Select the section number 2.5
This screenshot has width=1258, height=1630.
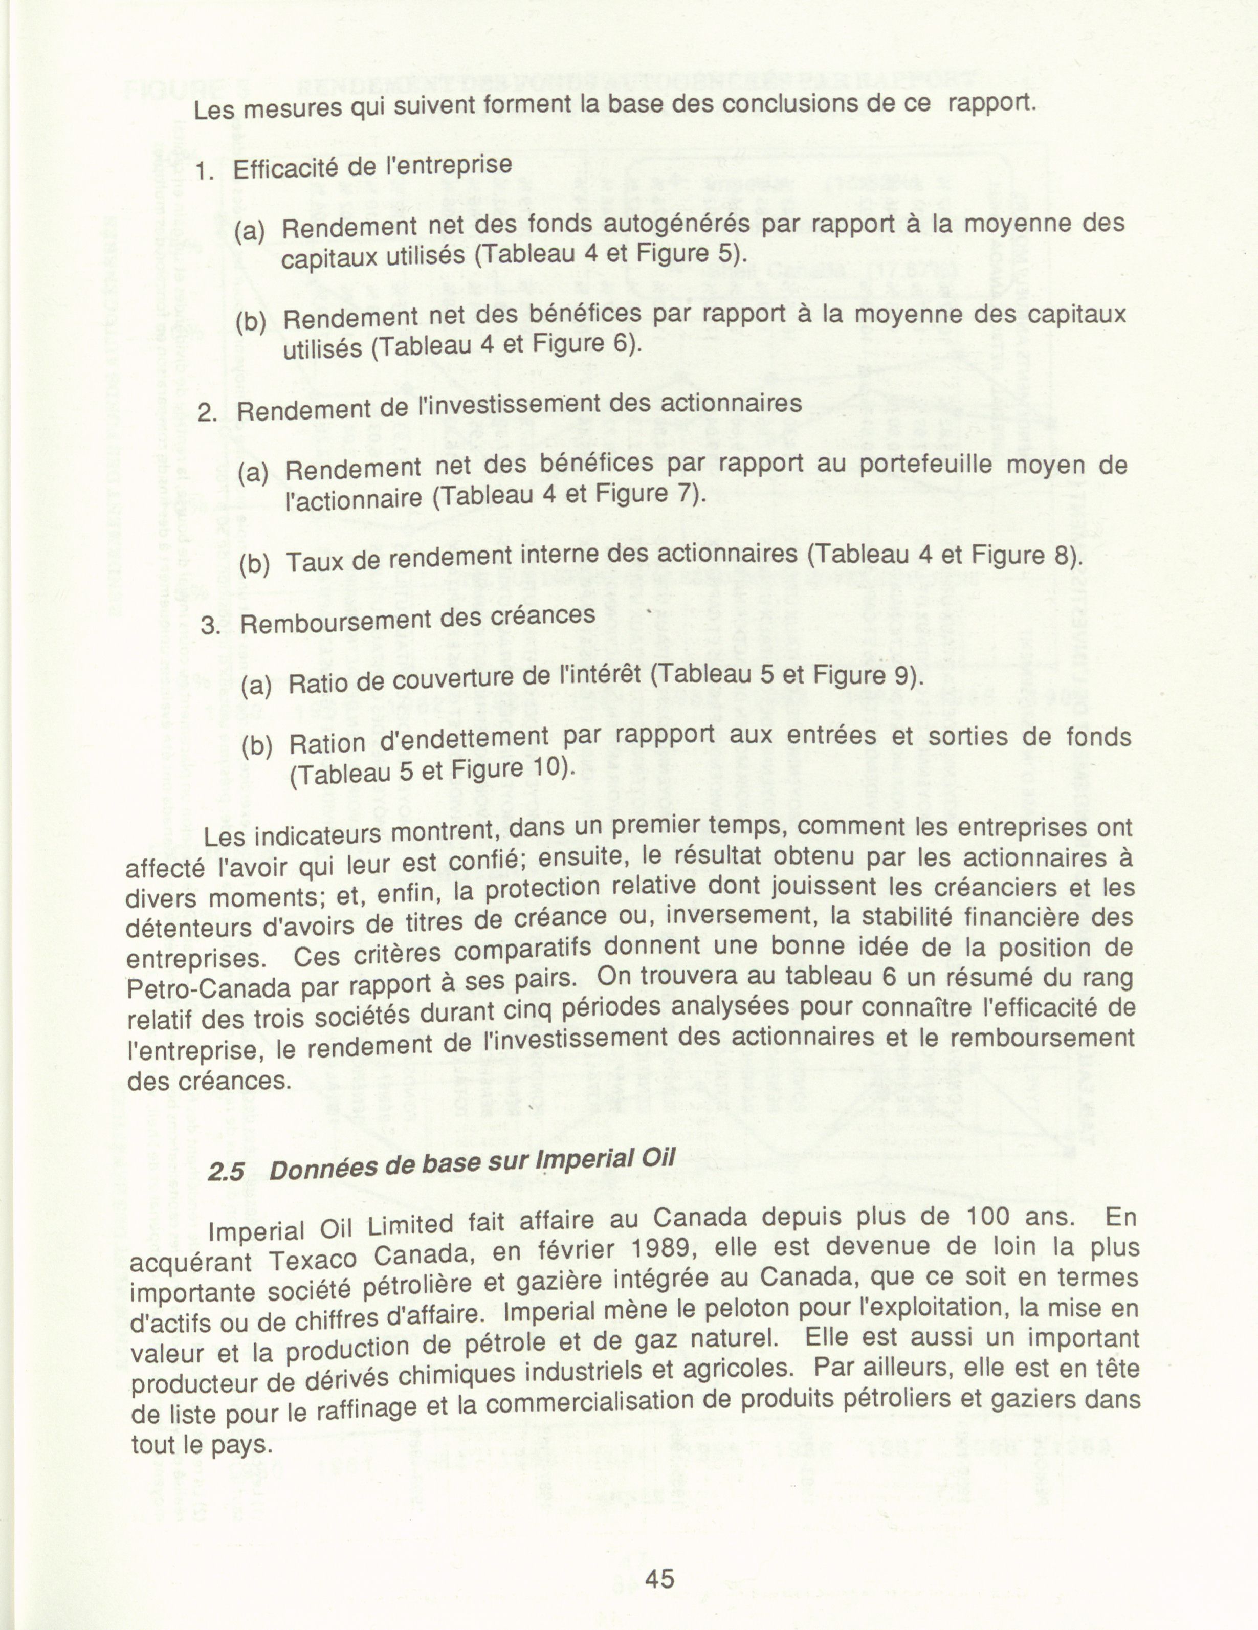click(x=225, y=1172)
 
